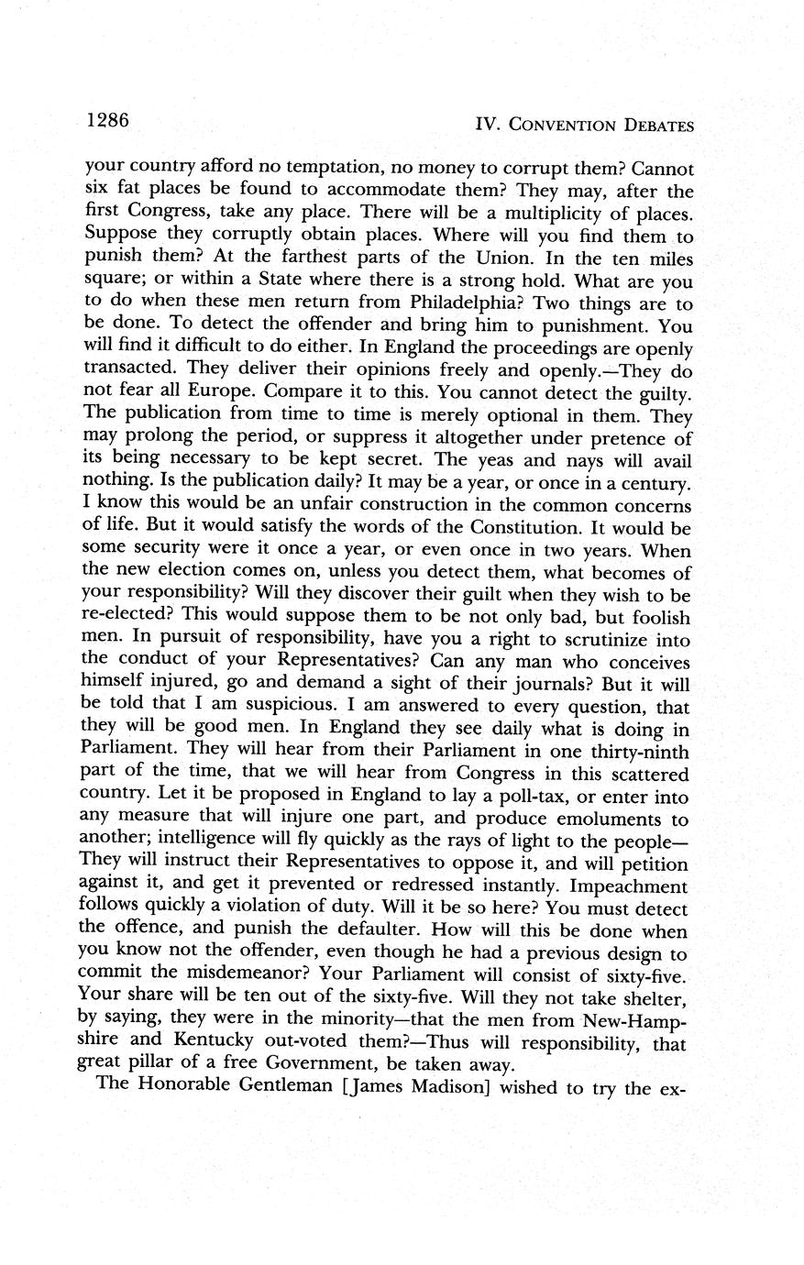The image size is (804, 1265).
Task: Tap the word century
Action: pos(648,482)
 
